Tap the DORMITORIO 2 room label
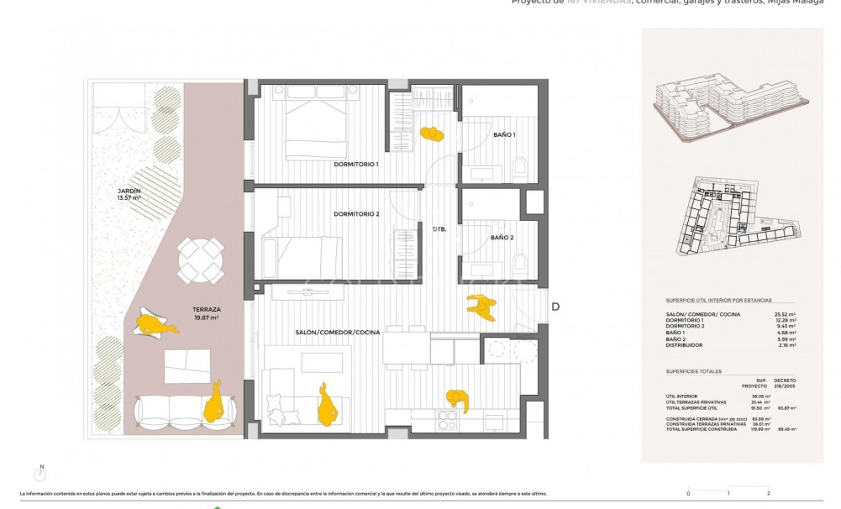(356, 214)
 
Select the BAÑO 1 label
(504, 134)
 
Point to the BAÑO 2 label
(502, 238)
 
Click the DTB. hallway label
(439, 228)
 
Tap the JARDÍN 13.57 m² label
(129, 196)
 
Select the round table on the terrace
(201, 260)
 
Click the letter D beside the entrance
(555, 307)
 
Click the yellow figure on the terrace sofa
(216, 402)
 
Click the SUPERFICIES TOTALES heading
(695, 370)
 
